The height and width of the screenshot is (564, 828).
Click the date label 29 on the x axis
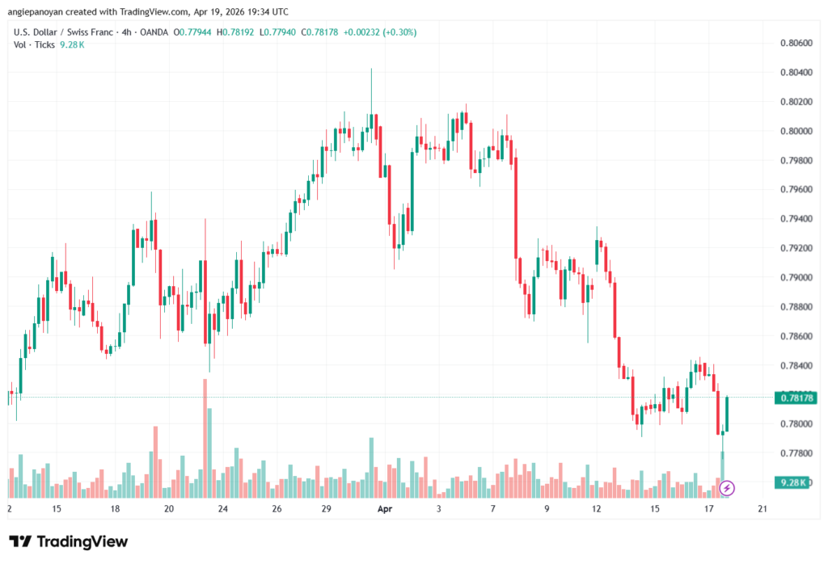327,509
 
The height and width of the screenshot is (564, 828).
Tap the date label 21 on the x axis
762,509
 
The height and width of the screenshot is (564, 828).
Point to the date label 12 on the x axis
597,509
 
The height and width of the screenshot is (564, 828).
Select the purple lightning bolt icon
727,487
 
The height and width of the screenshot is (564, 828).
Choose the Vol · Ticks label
34,44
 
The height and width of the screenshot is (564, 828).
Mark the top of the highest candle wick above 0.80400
371,69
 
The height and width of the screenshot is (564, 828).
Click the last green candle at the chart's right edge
728,414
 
